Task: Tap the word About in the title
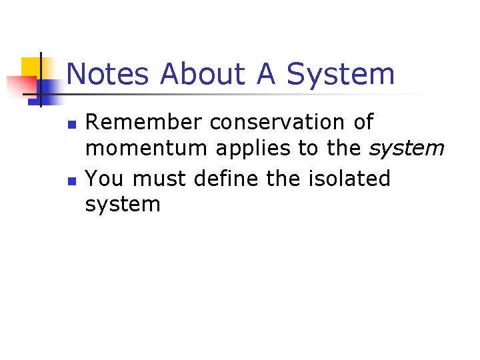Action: tap(204, 74)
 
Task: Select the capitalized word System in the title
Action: tap(341, 74)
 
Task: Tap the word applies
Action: tap(254, 149)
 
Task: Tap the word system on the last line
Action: tap(123, 205)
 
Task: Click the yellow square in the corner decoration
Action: tap(32, 67)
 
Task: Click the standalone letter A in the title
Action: tap(266, 74)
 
